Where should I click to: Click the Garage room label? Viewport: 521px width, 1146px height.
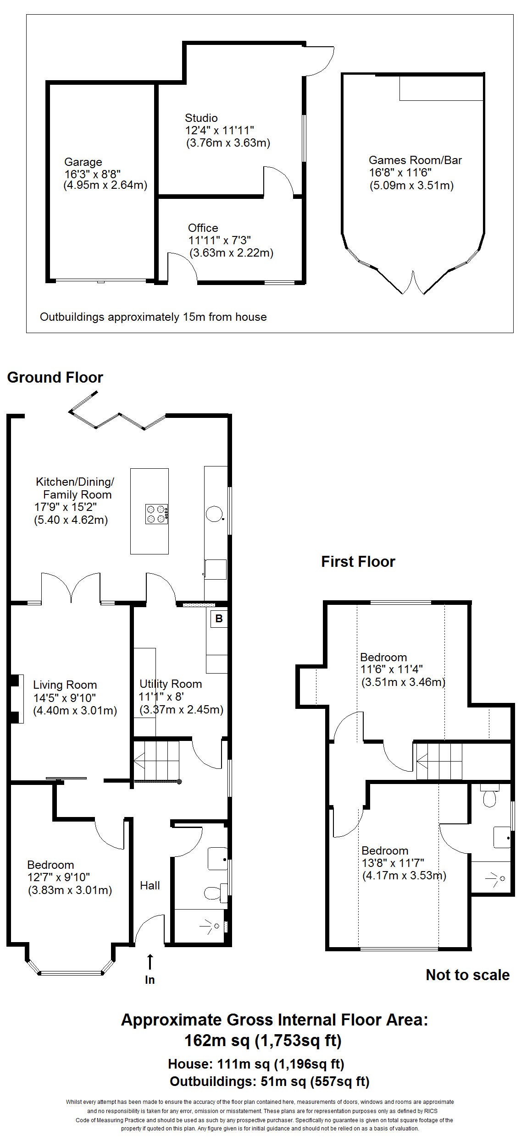pos(83,162)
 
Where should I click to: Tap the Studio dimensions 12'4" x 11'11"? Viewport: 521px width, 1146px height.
pos(219,131)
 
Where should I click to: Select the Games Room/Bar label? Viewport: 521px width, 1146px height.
pos(415,160)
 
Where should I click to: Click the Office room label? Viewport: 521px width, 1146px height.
pos(203,228)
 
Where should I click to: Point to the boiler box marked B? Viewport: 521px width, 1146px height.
pos(219,619)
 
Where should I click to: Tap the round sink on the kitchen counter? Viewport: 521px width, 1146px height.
pos(214,514)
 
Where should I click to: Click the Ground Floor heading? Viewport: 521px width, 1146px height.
pos(55,378)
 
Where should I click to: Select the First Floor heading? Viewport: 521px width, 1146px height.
pos(358,562)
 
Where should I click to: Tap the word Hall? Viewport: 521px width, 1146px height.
pos(150,886)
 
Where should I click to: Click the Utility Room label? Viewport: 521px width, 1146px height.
pos(171,684)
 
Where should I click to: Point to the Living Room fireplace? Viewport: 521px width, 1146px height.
pos(17,699)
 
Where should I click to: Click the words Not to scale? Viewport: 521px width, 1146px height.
pos(467,975)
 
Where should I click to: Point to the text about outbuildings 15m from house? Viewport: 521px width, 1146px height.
pos(153,317)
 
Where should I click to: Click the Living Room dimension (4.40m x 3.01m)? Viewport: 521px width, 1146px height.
pos(75,711)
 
